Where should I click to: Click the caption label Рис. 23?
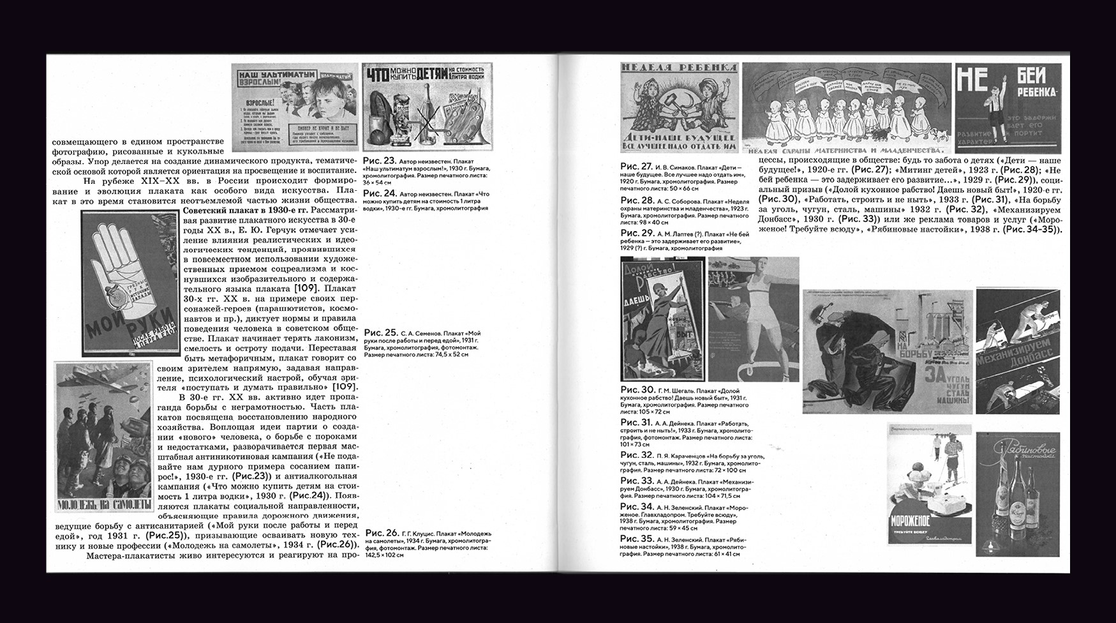(379, 161)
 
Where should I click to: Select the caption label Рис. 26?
(382, 533)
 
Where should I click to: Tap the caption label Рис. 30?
(637, 390)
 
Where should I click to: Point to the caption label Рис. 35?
(637, 539)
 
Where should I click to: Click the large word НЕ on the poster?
(972, 82)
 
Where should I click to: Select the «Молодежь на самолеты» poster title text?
(104, 505)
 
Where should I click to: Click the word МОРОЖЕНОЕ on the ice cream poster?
(910, 522)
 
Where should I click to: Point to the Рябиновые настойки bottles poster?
(1017, 495)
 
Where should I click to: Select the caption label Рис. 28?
(637, 200)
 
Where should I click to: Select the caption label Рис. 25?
(381, 333)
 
